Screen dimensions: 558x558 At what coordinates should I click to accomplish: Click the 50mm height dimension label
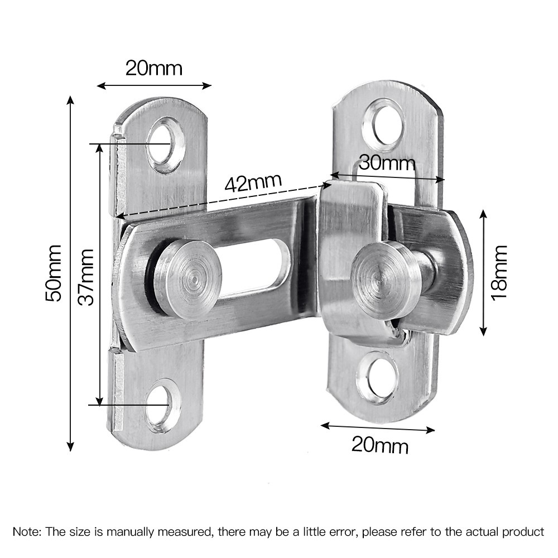[x=54, y=273]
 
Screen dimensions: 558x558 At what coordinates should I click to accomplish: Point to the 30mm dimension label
[x=387, y=163]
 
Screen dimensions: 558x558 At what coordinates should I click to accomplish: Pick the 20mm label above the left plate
[x=153, y=68]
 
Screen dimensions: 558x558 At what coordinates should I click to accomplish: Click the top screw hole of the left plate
[x=166, y=144]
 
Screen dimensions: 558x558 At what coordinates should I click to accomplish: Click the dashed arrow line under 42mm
[x=223, y=199]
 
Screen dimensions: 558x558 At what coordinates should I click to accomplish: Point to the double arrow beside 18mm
[x=483, y=272]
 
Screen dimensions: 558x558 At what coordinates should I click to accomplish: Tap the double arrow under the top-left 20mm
[x=154, y=85]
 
